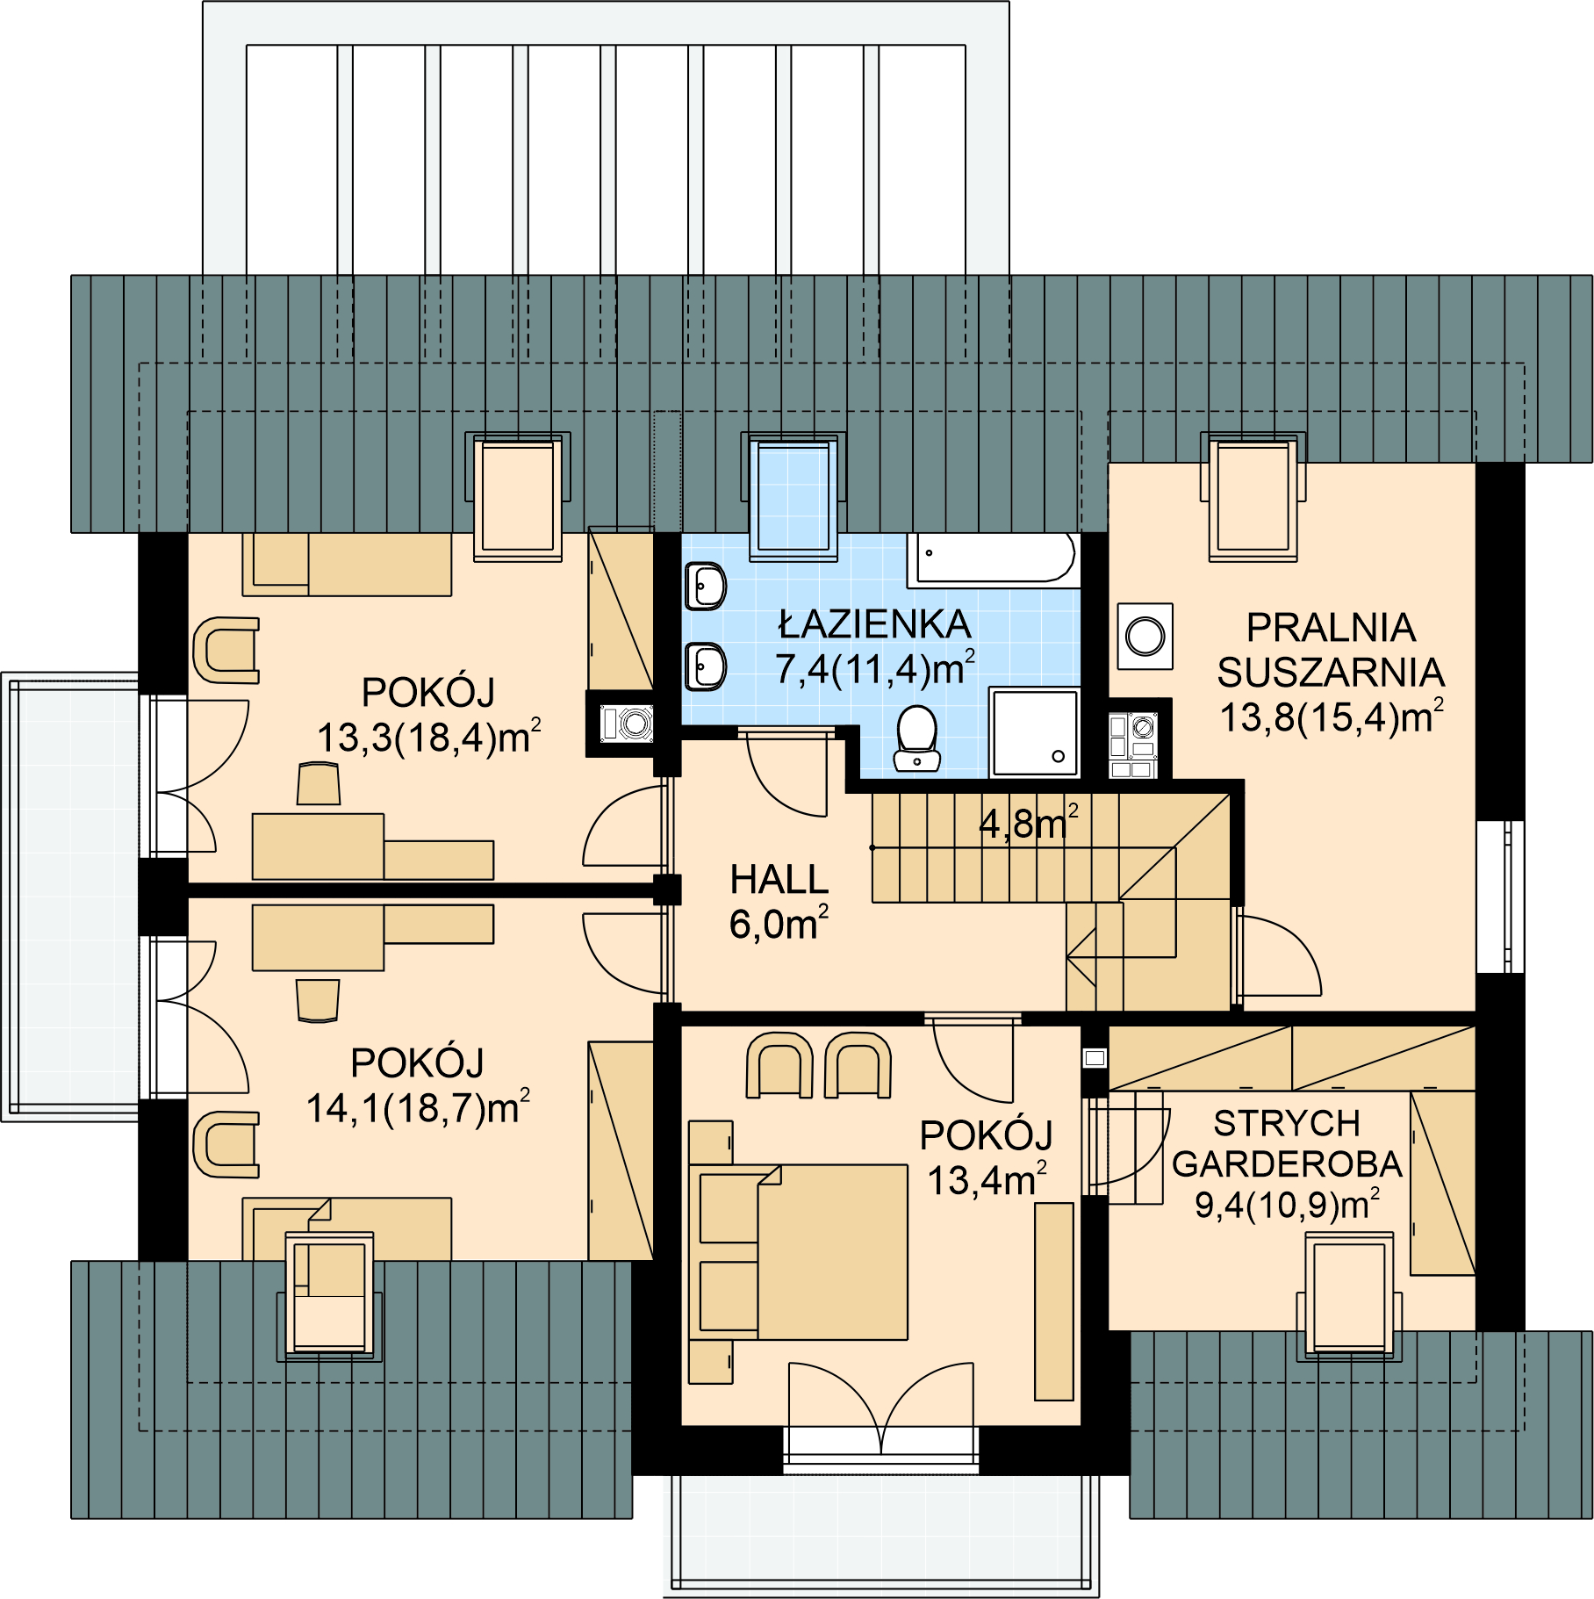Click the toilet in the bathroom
tap(917, 739)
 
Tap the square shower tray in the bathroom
tap(1035, 733)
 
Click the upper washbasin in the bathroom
tap(706, 586)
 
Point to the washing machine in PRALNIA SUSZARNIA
tap(1145, 636)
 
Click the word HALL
tap(779, 880)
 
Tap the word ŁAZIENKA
tap(875, 623)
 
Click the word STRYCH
tap(1287, 1123)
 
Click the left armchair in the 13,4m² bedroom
tap(779, 1065)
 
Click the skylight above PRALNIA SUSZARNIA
tap(1253, 498)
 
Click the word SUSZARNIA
tap(1331, 673)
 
